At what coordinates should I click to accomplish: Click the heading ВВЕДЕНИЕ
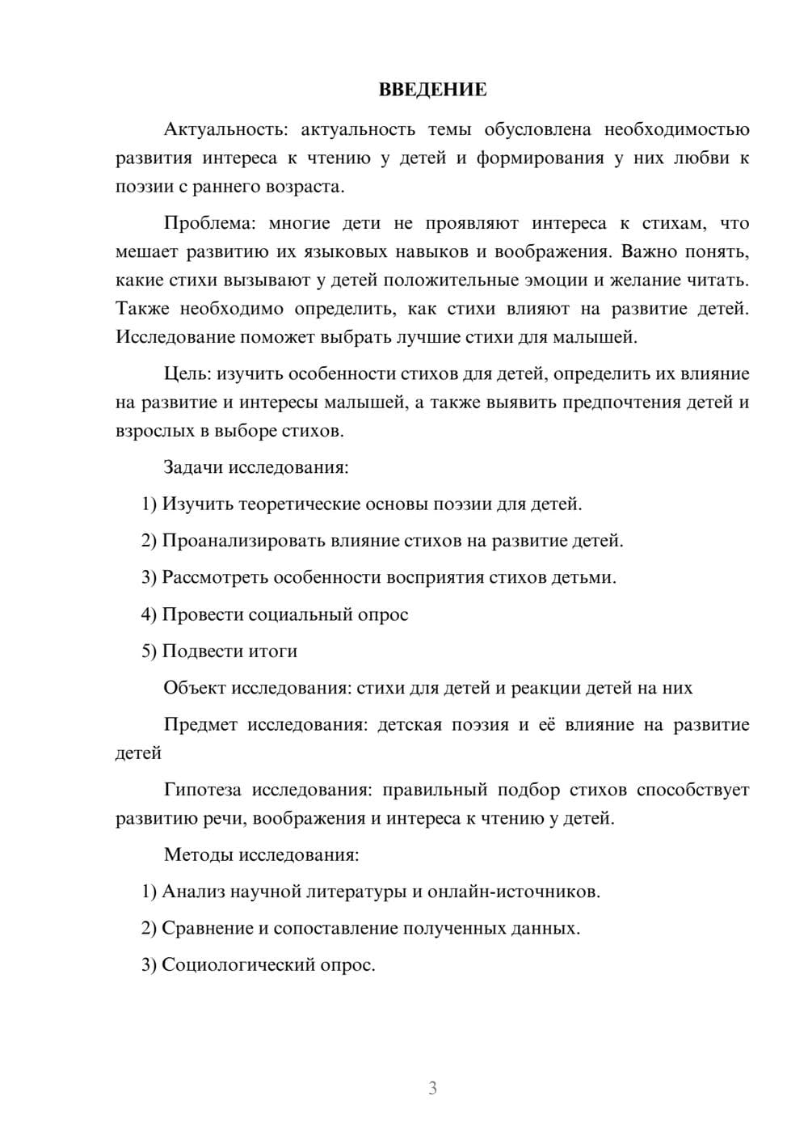pyautogui.click(x=432, y=90)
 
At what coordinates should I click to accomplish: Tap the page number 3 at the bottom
pyautogui.click(x=432, y=1088)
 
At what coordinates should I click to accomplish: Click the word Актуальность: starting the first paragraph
pyautogui.click(x=214, y=129)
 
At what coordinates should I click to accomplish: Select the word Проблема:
pyautogui.click(x=209, y=223)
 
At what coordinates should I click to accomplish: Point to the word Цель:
pyautogui.click(x=187, y=373)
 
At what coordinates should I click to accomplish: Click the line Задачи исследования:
pyautogui.click(x=255, y=467)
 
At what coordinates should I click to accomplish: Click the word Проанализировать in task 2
pyautogui.click(x=243, y=541)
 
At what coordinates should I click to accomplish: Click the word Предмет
pyautogui.click(x=200, y=724)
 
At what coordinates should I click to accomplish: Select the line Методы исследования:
pyautogui.click(x=261, y=854)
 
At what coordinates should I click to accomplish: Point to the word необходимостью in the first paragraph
pyautogui.click(x=676, y=129)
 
